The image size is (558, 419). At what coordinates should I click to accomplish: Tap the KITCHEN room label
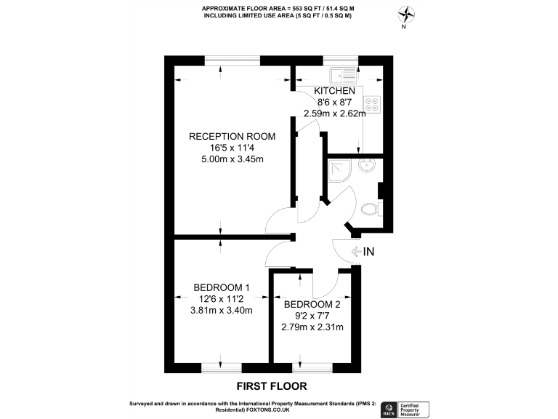(x=334, y=91)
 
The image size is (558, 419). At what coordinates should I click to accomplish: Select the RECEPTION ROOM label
(x=222, y=136)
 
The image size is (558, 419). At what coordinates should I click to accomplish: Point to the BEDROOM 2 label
(x=312, y=304)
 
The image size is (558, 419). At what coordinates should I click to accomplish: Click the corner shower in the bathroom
(x=338, y=169)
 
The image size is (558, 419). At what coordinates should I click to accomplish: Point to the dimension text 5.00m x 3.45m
(x=222, y=159)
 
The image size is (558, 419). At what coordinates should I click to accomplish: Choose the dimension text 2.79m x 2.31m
(x=312, y=327)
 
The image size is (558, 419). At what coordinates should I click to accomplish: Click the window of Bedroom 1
(x=221, y=366)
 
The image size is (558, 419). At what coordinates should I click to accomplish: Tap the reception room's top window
(x=232, y=60)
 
